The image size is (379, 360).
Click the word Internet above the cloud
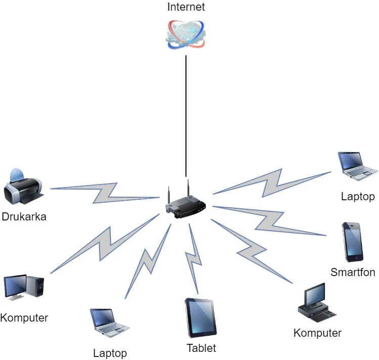[186, 8]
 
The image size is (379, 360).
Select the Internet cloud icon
[186, 34]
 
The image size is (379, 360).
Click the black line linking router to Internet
[186, 116]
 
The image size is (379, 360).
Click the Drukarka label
[24, 217]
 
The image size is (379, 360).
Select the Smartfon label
[353, 273]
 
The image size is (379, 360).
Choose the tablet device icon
[201, 318]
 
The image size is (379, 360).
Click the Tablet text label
[201, 348]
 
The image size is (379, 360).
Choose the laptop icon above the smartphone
[358, 166]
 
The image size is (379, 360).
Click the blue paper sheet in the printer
[17, 175]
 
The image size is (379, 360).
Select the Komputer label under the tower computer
[24, 318]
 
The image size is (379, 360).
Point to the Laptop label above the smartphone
[358, 197]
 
